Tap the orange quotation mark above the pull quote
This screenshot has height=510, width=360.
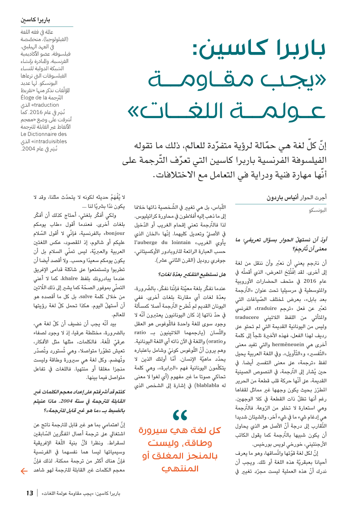click(x=181, y=416)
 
